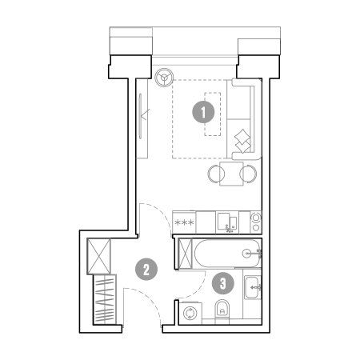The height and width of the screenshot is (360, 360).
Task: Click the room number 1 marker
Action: pos(203,112)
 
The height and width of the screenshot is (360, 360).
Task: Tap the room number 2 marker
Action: pos(146,269)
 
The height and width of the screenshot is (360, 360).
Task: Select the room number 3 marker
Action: pos(223,283)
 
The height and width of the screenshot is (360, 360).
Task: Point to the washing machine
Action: pos(190,313)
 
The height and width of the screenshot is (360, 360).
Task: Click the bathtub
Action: pos(228,254)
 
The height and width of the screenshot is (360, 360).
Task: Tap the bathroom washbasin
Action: pos(252,287)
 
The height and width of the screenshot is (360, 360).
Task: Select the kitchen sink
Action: pos(227,222)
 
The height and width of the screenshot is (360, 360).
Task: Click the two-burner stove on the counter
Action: pos(256,222)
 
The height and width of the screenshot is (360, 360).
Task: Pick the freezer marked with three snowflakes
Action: pos(184,222)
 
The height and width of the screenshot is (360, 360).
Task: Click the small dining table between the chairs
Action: pos(231,174)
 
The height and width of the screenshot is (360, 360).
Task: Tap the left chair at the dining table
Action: pos(214,174)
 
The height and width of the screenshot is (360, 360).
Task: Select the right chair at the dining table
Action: pos(249,174)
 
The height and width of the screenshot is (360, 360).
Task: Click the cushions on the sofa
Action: pos(242,141)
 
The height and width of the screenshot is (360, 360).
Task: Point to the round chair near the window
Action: pos(164,78)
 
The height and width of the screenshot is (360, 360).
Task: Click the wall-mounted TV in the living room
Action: pos(140,116)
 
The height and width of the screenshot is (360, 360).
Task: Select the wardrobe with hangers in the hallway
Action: pos(105,299)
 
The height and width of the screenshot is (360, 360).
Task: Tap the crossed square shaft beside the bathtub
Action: pos(185,254)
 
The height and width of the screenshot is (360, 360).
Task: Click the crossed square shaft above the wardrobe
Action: pos(98,256)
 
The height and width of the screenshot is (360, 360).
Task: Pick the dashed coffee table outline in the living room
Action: pos(213,114)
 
